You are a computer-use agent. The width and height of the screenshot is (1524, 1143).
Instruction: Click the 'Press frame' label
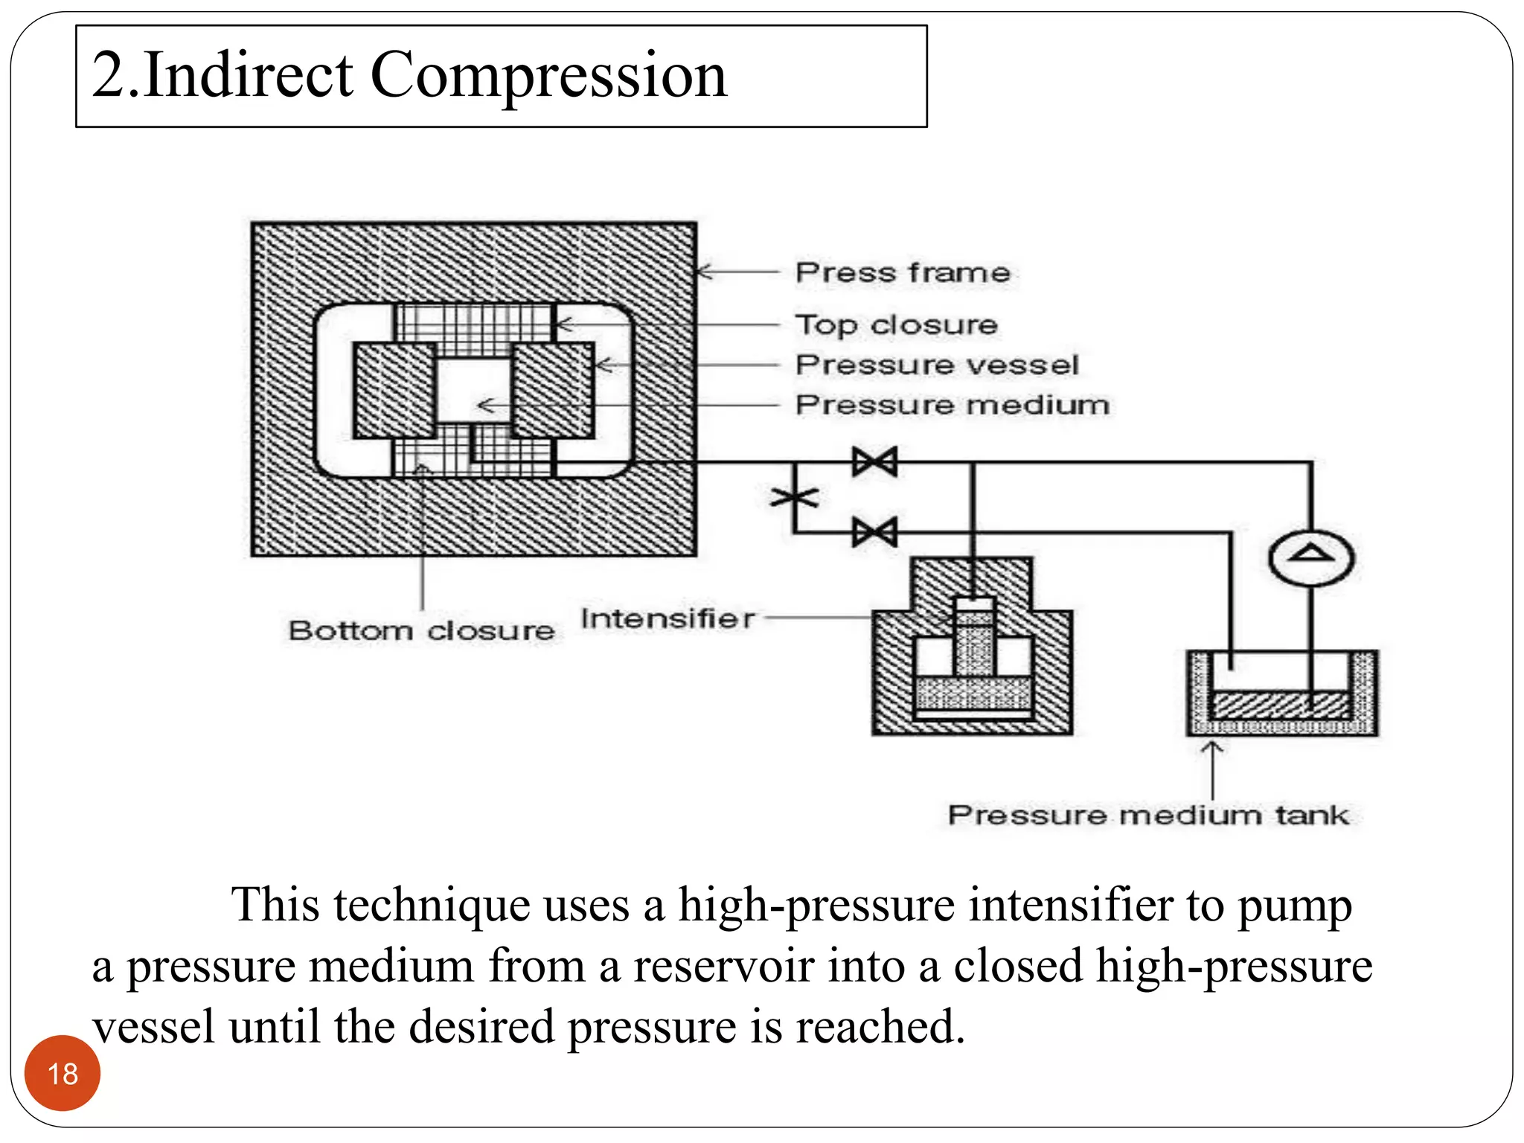click(903, 272)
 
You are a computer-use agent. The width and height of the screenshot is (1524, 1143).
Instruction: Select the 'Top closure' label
click(896, 325)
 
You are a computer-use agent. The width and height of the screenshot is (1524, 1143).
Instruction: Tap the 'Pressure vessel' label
click(937, 365)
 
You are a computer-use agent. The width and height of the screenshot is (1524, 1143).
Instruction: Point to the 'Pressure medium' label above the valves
click(952, 405)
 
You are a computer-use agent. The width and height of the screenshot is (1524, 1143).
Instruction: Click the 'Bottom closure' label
click(421, 631)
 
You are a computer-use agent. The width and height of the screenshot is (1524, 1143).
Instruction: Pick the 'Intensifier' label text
click(667, 618)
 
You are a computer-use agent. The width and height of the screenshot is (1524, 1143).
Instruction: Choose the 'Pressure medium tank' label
click(1147, 815)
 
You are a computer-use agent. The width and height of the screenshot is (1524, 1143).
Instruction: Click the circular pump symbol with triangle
click(1310, 558)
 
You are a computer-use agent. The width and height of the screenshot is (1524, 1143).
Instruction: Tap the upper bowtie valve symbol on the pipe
click(875, 462)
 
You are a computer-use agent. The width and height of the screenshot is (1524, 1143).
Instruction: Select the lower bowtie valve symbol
click(875, 533)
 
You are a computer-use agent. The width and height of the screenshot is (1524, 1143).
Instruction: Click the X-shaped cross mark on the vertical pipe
click(795, 497)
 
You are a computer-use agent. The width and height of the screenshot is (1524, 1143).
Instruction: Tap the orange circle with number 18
click(63, 1073)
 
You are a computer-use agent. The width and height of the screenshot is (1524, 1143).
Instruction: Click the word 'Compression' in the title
click(548, 76)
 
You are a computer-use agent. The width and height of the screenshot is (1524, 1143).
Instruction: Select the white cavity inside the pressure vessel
click(473, 391)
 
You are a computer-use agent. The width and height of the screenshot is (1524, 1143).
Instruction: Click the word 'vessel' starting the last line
click(154, 1027)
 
